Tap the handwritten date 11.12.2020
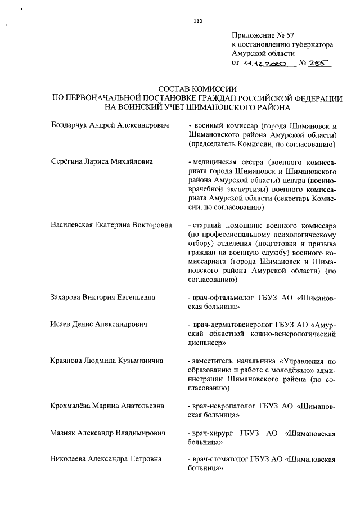click(264, 64)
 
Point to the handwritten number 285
click(319, 64)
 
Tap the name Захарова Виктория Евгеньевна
click(103, 297)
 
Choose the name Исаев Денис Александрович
click(99, 325)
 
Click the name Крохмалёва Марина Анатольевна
click(107, 406)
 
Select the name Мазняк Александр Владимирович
click(107, 433)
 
